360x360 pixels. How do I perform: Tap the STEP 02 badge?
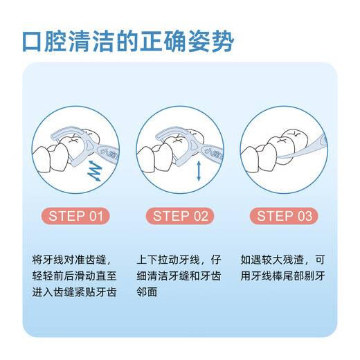[x=180, y=216]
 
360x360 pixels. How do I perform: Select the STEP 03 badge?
[x=284, y=216]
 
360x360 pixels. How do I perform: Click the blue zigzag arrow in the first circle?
[x=93, y=170]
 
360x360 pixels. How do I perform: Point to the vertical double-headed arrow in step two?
[x=199, y=170]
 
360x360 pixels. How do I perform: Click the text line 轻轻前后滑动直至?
[x=76, y=276]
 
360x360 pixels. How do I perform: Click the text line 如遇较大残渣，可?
[x=284, y=260]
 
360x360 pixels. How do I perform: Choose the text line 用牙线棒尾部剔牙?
[x=284, y=276]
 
